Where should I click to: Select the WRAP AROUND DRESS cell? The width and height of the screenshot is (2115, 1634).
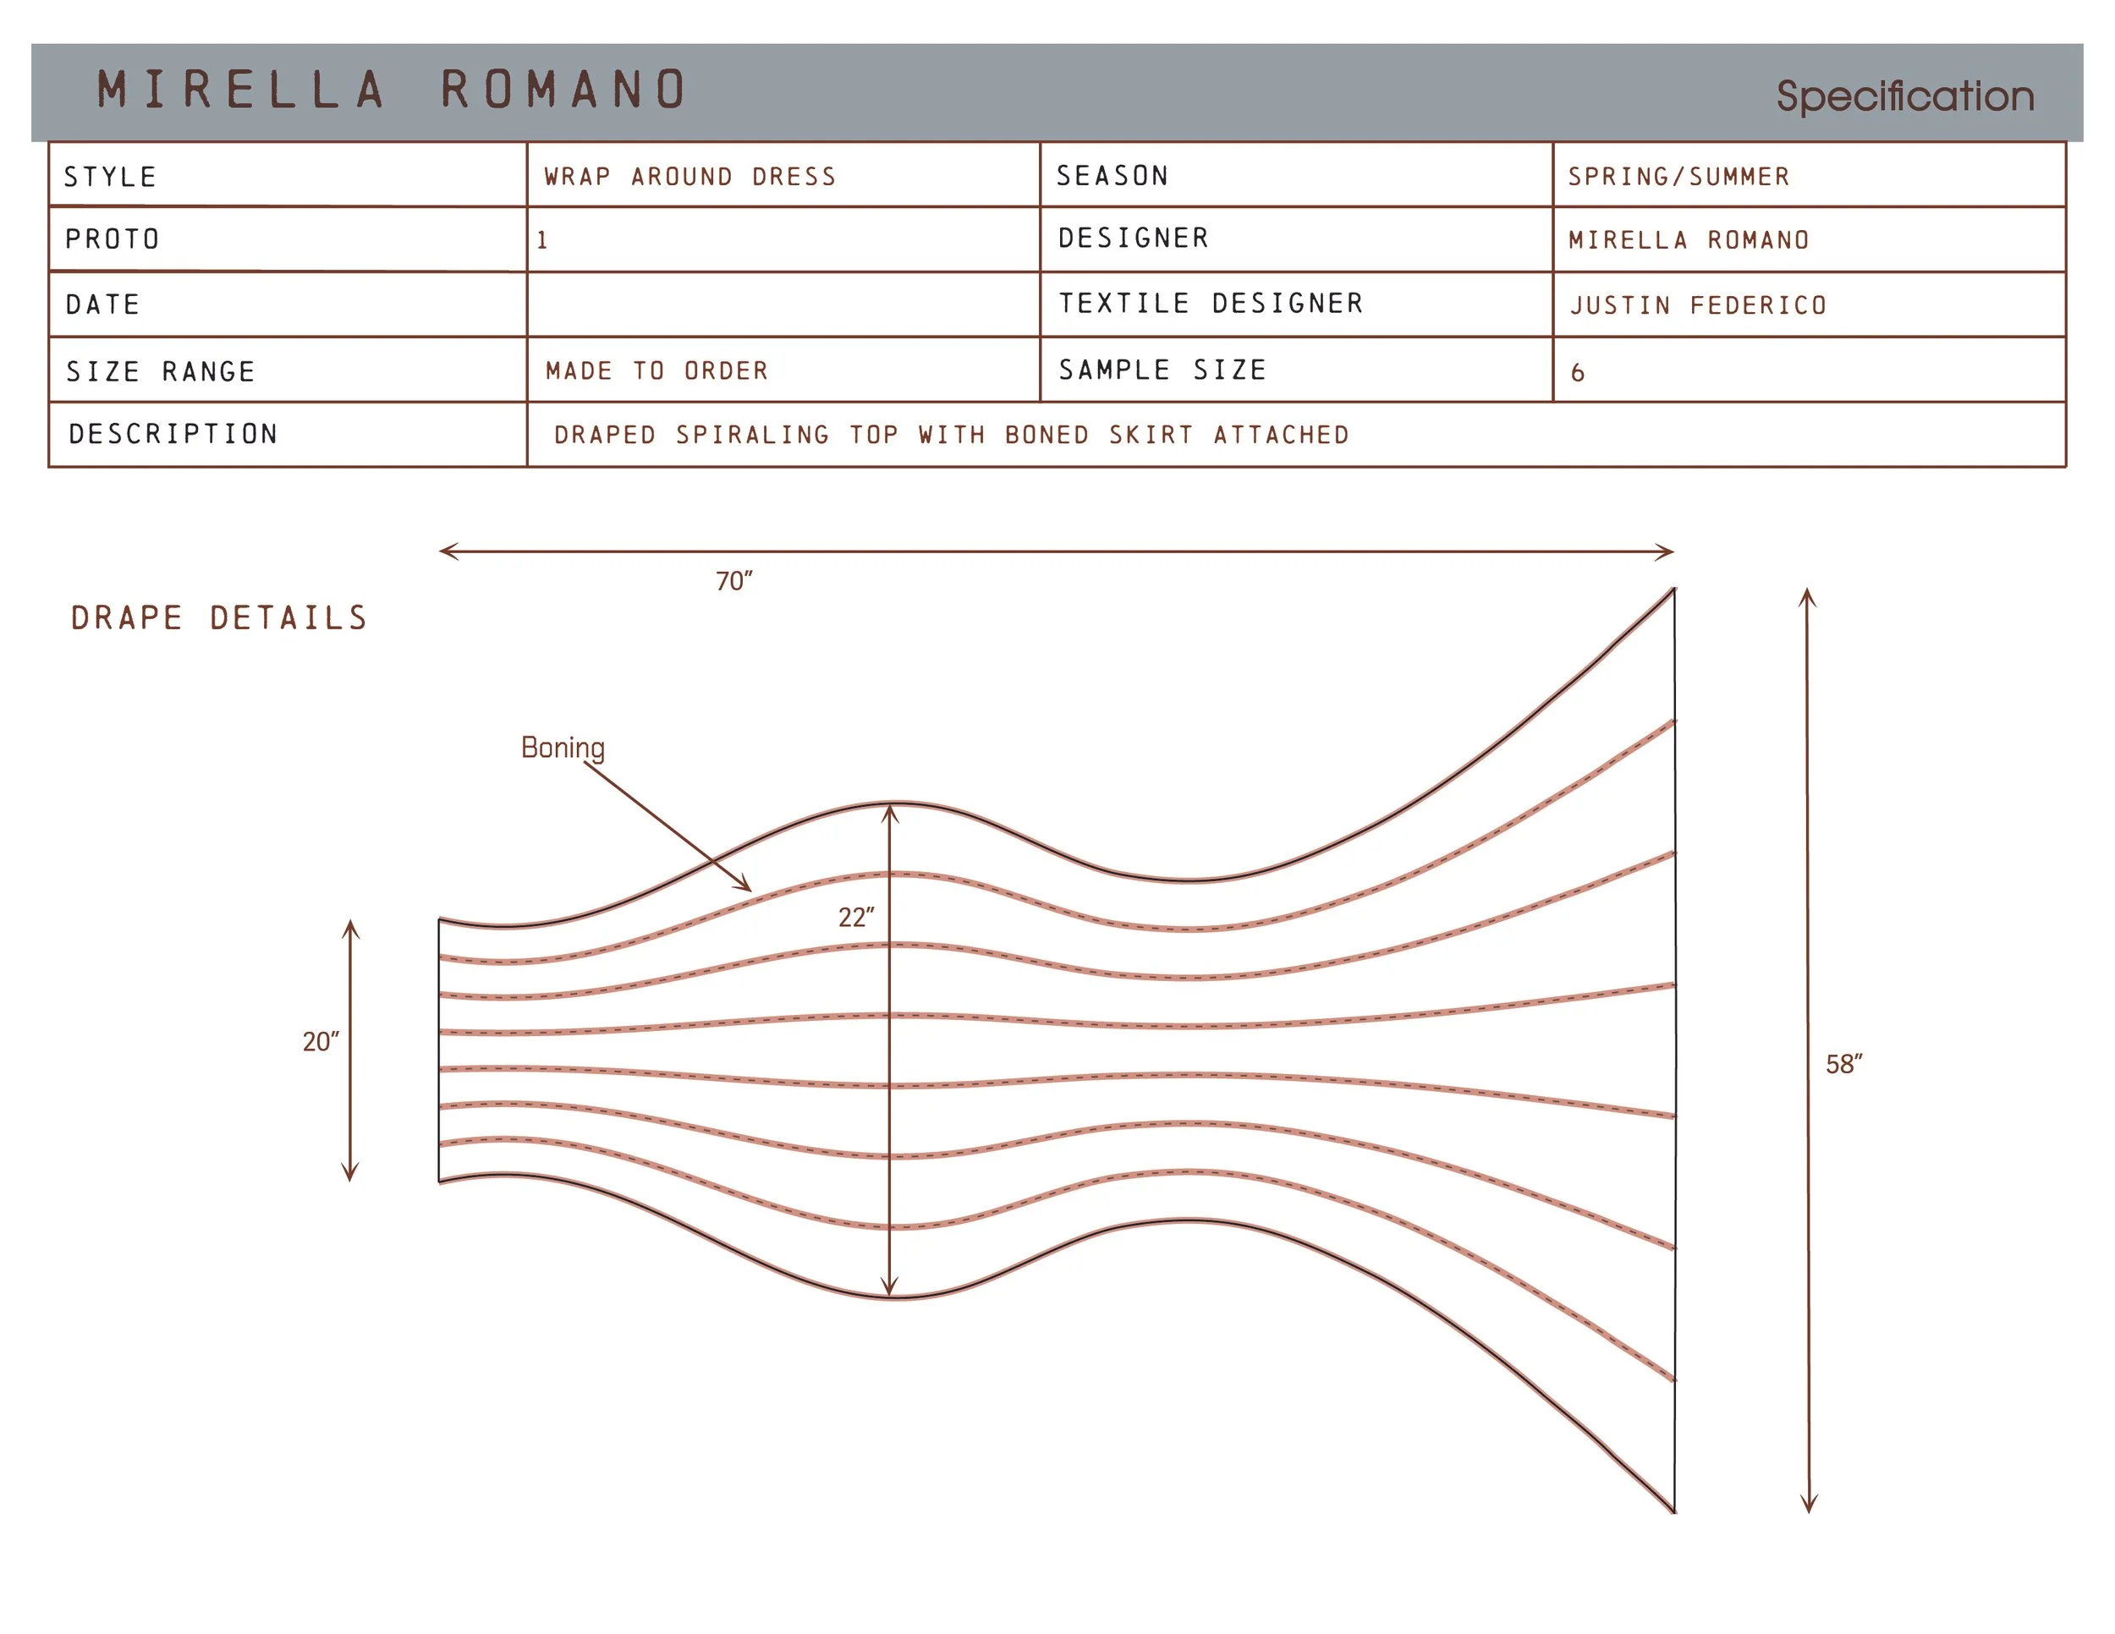click(783, 175)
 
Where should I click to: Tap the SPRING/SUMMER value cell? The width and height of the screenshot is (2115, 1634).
click(1809, 175)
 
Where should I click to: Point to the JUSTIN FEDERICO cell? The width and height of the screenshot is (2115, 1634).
click(1809, 305)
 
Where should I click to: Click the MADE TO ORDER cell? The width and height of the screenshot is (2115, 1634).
click(783, 370)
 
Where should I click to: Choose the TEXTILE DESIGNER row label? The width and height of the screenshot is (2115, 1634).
click(1211, 303)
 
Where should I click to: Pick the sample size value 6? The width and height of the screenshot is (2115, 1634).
click(1578, 373)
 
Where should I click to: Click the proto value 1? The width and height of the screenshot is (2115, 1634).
click(542, 240)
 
